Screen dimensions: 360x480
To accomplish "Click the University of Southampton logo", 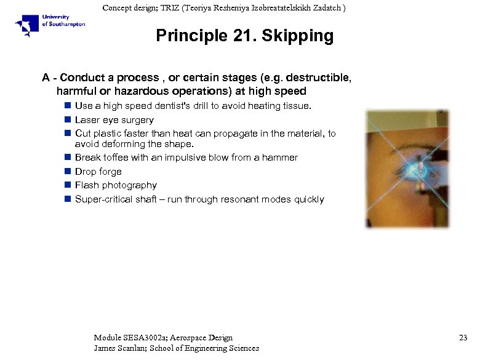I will [50, 25].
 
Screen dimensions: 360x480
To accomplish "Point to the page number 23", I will [463, 337].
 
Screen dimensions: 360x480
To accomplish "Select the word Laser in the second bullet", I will [87, 120].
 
